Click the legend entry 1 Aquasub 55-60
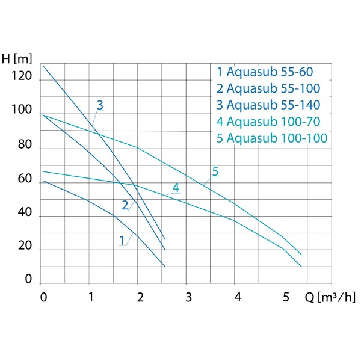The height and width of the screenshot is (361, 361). (265, 73)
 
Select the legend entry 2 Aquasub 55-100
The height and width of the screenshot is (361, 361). (269, 89)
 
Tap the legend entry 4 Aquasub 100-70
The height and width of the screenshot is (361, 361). (268, 122)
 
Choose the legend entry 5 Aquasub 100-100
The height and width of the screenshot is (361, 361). (272, 138)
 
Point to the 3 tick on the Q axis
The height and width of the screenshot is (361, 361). (188, 297)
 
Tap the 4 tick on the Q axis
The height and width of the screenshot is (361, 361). (238, 297)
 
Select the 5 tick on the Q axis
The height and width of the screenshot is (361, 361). (286, 297)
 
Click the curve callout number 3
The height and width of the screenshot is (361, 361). (100, 105)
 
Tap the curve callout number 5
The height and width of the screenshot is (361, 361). (215, 172)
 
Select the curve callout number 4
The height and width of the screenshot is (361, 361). (176, 188)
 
